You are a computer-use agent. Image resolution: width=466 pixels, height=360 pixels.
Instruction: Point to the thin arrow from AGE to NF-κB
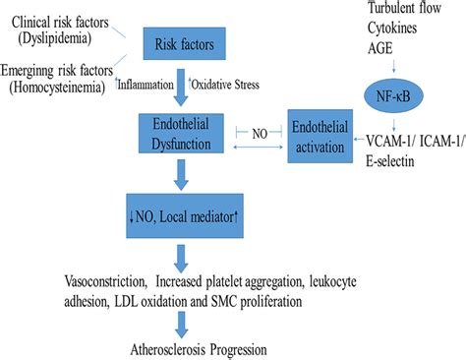tap(393, 65)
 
